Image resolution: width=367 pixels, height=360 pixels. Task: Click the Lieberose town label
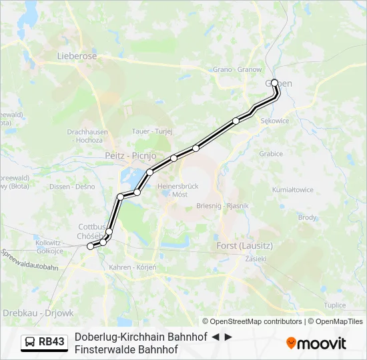(x=75, y=57)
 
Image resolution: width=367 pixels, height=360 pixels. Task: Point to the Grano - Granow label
(x=237, y=69)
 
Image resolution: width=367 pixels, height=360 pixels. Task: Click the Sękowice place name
(x=274, y=121)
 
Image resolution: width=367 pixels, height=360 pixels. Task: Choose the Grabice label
(x=271, y=153)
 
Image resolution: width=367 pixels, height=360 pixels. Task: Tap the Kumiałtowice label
(x=293, y=190)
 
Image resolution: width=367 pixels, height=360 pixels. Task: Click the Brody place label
(x=308, y=217)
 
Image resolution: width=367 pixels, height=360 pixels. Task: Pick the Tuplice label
(x=334, y=305)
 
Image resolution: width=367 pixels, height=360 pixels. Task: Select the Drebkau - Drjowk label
(x=38, y=313)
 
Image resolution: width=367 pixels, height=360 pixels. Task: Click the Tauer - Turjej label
(x=153, y=131)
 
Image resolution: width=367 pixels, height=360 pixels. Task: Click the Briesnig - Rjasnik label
(x=223, y=205)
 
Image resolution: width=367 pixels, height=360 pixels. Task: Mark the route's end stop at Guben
(x=274, y=83)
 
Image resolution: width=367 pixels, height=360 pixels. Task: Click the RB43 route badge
(x=45, y=343)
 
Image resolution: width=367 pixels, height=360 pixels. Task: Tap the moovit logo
(x=316, y=343)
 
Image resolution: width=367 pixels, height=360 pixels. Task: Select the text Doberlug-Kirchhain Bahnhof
(x=141, y=337)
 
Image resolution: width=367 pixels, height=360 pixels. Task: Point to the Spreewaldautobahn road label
(x=29, y=261)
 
